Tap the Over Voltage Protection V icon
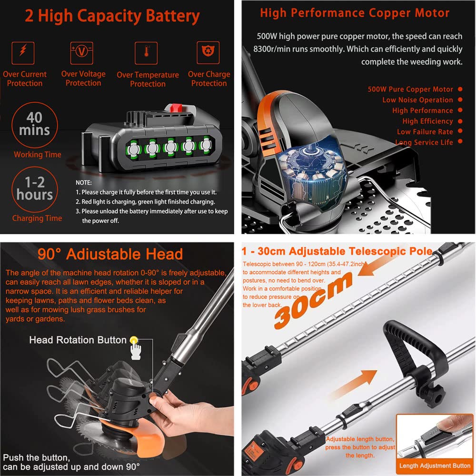coord(82,51)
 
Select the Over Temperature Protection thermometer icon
coord(146,52)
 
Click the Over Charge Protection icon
coord(208,51)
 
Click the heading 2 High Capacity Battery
coord(112,16)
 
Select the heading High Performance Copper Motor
coord(355,13)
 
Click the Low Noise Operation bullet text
coord(417,100)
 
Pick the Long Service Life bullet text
coord(424,142)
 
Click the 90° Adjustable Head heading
coord(110,254)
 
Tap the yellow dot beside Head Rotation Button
coord(133,340)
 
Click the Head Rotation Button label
coord(78,340)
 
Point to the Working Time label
coord(38,154)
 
